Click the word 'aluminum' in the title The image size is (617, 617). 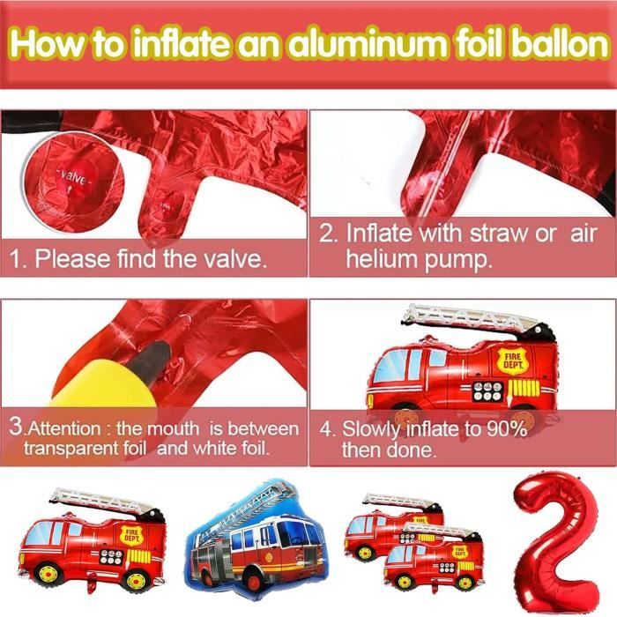367,44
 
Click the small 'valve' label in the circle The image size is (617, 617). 73,178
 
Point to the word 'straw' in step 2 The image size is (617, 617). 498,234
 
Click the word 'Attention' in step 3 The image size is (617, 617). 64,429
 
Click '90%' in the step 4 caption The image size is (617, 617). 507,428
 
